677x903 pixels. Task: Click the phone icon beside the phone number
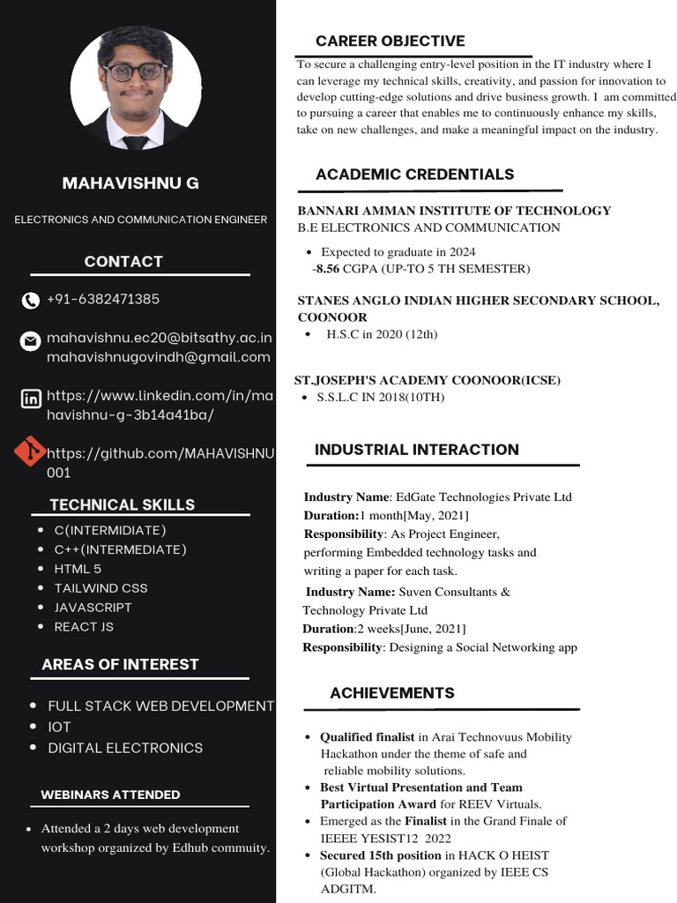[x=30, y=301]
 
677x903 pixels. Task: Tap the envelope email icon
[x=30, y=340]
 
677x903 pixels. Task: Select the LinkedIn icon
[x=30, y=399]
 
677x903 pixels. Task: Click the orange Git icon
[x=30, y=451]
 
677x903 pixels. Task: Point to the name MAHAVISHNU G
[x=130, y=183]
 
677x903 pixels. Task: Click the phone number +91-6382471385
[x=103, y=299]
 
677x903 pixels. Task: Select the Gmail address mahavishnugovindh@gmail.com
[x=158, y=357]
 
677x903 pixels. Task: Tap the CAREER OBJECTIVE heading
[x=390, y=41]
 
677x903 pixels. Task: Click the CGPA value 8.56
[x=327, y=268]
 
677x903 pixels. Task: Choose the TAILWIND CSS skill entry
[x=100, y=588]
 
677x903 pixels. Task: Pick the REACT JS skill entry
[x=84, y=627]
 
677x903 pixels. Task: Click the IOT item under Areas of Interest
[x=59, y=727]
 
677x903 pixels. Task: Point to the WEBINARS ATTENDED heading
[x=110, y=795]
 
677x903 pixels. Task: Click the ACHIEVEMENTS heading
[x=392, y=693]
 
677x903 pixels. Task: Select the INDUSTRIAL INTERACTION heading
[x=416, y=450]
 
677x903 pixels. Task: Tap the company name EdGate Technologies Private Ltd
[x=484, y=497]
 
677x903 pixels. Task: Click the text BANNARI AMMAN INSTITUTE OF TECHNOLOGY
[x=454, y=211]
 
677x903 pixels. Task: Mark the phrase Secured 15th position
[x=381, y=855]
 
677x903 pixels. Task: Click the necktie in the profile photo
[x=136, y=141]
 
